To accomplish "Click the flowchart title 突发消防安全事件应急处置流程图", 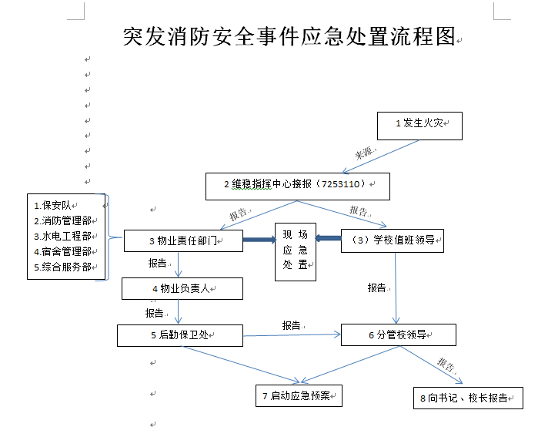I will pos(289,36).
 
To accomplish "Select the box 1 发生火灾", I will pos(419,124).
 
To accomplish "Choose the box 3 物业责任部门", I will pos(183,241).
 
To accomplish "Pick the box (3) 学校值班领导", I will pos(392,240).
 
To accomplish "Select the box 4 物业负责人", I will pos(182,289).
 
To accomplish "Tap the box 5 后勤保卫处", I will pos(179,335).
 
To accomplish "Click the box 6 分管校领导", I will pos(398,335).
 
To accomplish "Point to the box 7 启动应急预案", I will pos(298,396).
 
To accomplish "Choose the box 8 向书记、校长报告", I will pos(467,398).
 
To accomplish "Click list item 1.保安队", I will pos(53,205).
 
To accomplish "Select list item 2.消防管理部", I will pos(62,220).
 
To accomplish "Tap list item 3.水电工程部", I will pos(62,236).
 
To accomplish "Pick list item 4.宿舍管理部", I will pos(62,251).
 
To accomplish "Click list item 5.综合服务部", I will pos(62,267).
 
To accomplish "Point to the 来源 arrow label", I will pos(363,153).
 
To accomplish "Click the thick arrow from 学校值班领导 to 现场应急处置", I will pos(329,238).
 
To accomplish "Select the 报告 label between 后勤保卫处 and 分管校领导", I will pos(292,325).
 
